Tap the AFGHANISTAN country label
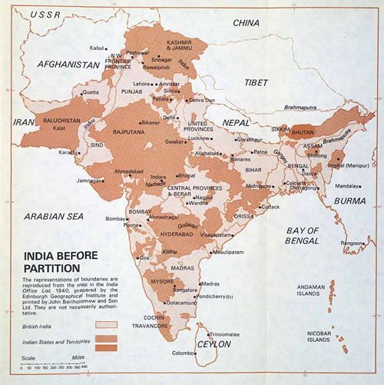[65, 64]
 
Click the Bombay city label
[114, 219]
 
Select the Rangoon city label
[351, 243]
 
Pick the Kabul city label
[97, 48]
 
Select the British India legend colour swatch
[105, 325]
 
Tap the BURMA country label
[349, 201]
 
